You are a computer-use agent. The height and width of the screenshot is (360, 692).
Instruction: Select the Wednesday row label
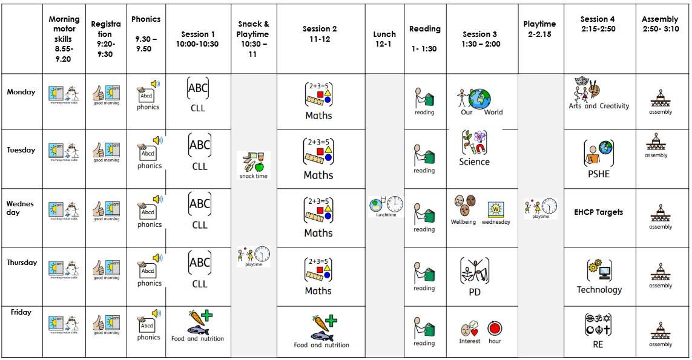[x=21, y=208]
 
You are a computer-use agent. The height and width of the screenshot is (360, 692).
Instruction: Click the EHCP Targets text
[x=598, y=212]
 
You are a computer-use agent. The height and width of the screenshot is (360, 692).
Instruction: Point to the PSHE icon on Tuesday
[x=598, y=153]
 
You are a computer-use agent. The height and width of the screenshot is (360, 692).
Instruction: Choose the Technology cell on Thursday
[x=599, y=277]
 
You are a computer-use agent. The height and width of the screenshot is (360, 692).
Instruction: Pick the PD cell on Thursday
[x=474, y=277]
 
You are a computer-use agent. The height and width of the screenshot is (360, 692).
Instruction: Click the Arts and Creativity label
[x=599, y=106]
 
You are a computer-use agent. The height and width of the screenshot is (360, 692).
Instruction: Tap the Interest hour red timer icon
[x=495, y=329]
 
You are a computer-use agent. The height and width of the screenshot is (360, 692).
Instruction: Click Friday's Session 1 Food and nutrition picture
[x=199, y=324]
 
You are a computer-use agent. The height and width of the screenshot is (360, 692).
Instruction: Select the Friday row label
[x=21, y=312]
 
